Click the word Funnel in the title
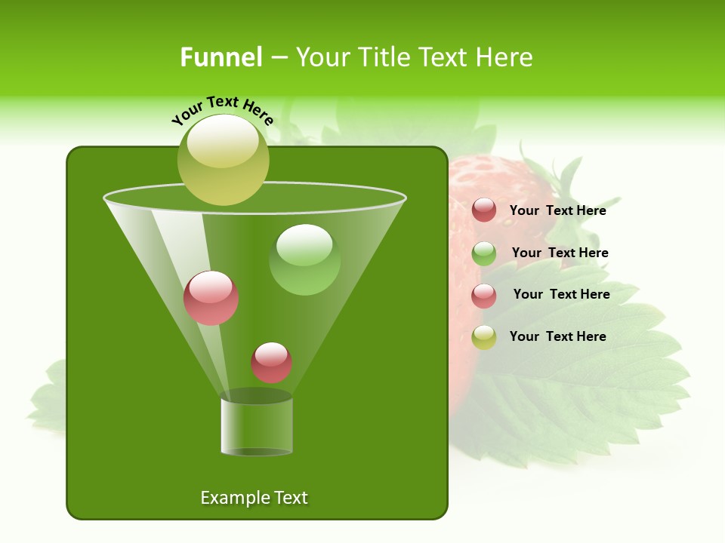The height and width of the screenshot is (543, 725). (x=221, y=57)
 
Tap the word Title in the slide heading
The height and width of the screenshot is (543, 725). (x=381, y=57)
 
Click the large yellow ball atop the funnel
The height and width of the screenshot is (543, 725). (x=223, y=160)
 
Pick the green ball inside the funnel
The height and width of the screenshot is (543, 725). (x=304, y=259)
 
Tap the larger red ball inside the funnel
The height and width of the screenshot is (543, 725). (x=211, y=298)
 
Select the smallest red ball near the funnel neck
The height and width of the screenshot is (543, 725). (x=271, y=362)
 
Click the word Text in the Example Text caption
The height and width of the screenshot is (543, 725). (x=291, y=498)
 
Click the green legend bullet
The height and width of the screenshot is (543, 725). (x=484, y=253)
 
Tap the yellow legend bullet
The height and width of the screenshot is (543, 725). (x=484, y=337)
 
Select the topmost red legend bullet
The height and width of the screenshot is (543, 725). (x=484, y=210)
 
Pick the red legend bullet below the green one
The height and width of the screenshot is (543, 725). (x=484, y=296)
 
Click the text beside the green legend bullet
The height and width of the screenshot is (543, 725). (x=560, y=253)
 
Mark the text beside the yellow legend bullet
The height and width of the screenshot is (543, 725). (x=557, y=336)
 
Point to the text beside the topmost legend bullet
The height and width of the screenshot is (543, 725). (x=557, y=210)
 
